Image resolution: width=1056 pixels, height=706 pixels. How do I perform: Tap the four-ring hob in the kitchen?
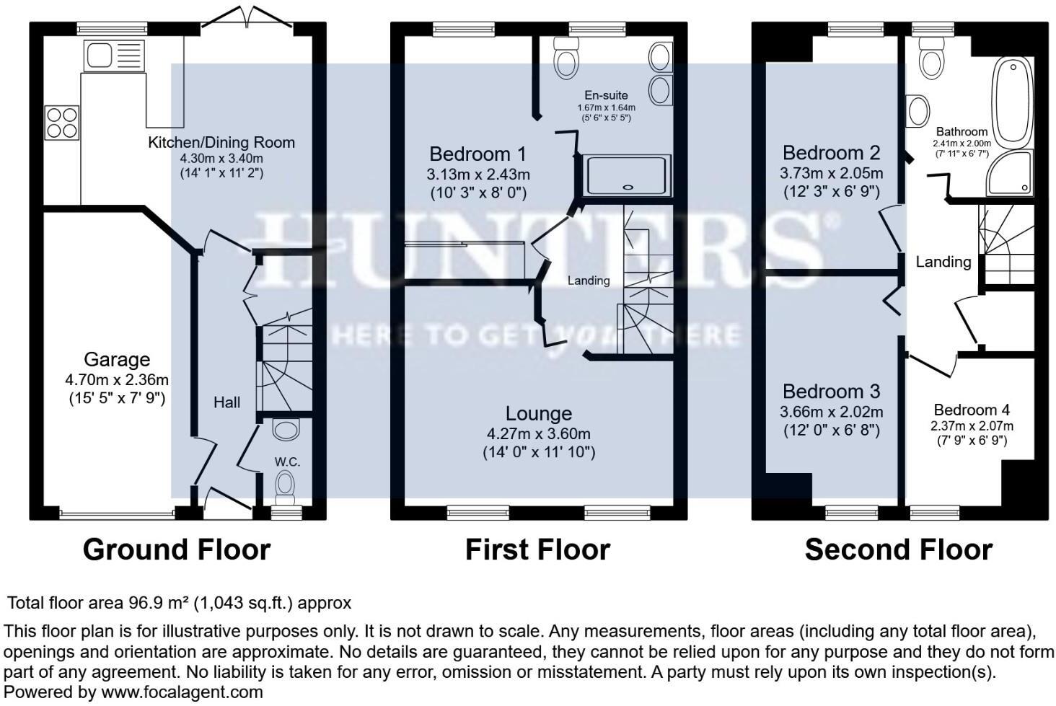(61, 122)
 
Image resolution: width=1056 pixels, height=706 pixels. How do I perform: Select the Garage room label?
(117, 359)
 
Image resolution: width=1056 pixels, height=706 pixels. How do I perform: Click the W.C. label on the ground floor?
(287, 462)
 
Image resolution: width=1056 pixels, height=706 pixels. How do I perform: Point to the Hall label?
(226, 402)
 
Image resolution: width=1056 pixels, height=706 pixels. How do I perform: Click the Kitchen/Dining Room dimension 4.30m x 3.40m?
(221, 158)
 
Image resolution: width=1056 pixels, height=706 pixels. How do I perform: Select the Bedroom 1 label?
(478, 154)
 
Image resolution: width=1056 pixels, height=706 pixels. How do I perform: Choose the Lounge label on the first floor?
(538, 413)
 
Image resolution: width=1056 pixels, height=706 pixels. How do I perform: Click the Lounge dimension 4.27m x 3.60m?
(538, 434)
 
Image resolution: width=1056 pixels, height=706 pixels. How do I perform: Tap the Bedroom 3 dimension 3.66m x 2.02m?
(832, 412)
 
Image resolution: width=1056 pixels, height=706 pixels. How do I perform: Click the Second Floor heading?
(898, 550)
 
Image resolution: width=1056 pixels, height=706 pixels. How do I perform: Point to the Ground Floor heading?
(177, 550)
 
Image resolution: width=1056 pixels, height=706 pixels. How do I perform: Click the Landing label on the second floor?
(943, 262)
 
